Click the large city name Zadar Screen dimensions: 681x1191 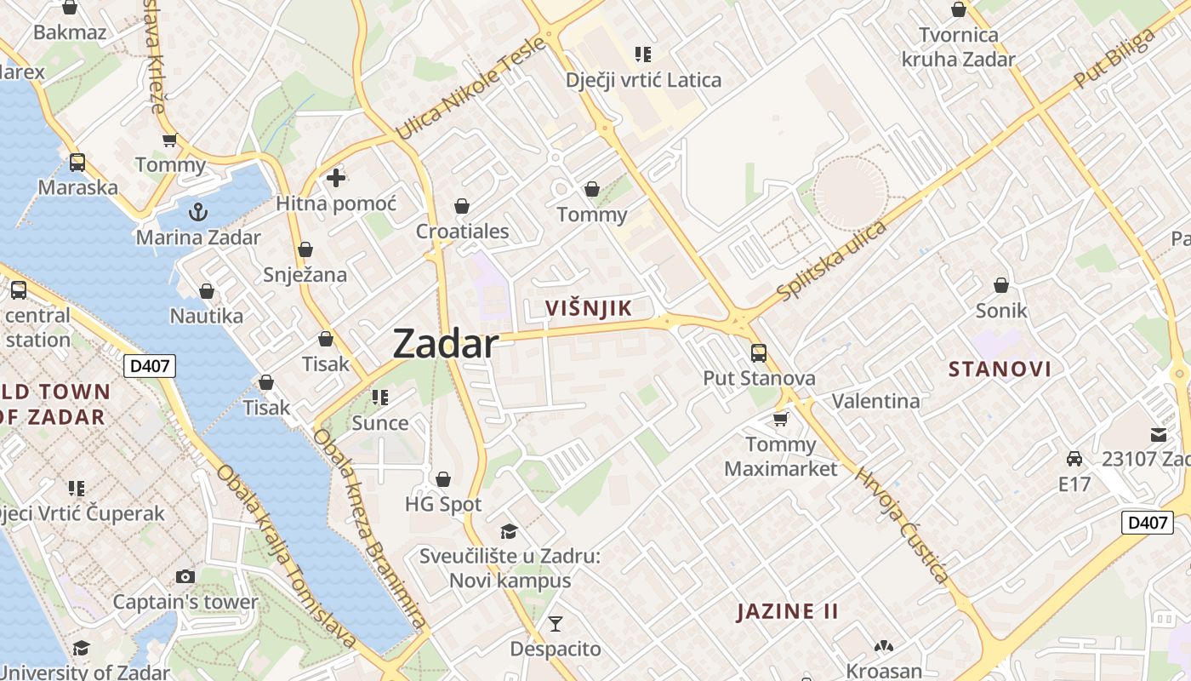(445, 344)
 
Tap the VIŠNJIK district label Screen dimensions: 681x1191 (589, 308)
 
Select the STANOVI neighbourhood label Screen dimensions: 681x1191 (1000, 369)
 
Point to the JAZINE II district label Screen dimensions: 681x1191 (787, 611)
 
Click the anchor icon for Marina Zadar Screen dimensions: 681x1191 (198, 211)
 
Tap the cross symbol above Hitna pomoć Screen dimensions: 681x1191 (336, 178)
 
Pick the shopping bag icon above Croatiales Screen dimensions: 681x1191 (462, 206)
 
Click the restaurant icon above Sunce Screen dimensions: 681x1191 (380, 398)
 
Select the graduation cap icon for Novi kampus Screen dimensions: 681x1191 (509, 531)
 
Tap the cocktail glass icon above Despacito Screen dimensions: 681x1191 (555, 624)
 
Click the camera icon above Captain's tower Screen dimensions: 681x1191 (185, 576)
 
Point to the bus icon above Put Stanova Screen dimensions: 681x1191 (758, 352)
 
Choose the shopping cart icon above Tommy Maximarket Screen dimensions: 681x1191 (780, 419)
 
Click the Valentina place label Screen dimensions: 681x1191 (875, 401)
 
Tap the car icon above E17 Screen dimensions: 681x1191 (1074, 459)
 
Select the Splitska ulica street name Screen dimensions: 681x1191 (831, 260)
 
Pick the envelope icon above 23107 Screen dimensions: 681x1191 (1159, 434)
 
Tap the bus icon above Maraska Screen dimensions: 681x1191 (77, 162)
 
